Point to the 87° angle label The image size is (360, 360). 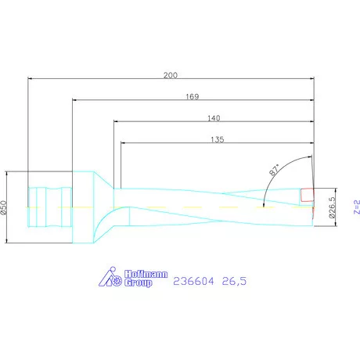pos(274,171)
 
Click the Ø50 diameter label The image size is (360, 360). pos(4,208)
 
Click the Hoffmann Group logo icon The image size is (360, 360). pos(112,277)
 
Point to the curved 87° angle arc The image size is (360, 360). pos(271,185)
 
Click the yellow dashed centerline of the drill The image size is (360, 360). pos(188,207)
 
